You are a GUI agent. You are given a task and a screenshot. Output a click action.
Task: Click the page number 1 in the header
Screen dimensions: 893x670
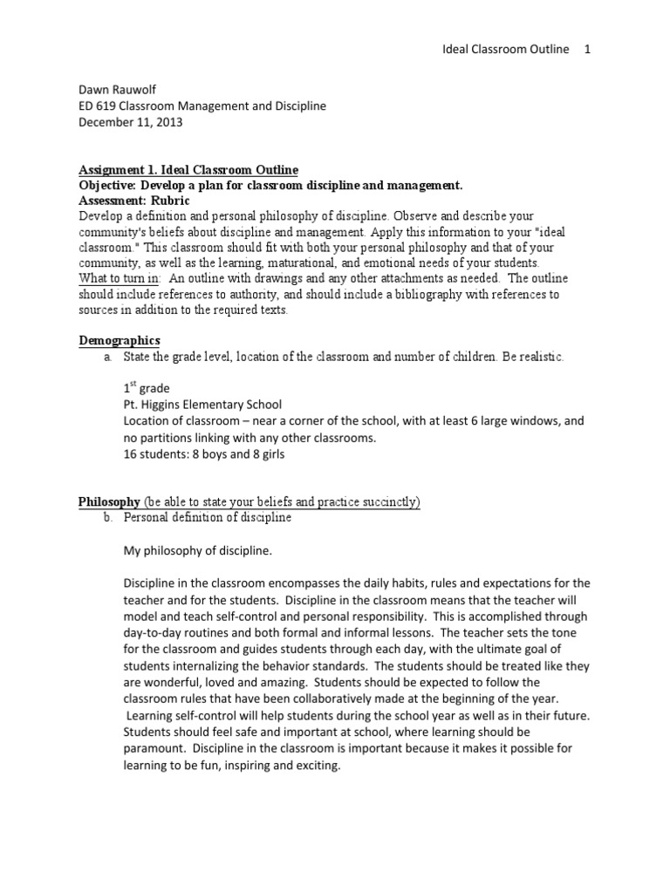pyautogui.click(x=588, y=50)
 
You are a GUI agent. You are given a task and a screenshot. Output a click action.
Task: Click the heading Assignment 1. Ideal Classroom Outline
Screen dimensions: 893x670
pyautogui.click(x=188, y=169)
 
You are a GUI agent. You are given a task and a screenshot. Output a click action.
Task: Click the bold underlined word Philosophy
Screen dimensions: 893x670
pyautogui.click(x=109, y=501)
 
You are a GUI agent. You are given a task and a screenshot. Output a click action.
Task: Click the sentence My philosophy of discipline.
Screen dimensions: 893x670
pyautogui.click(x=198, y=550)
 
